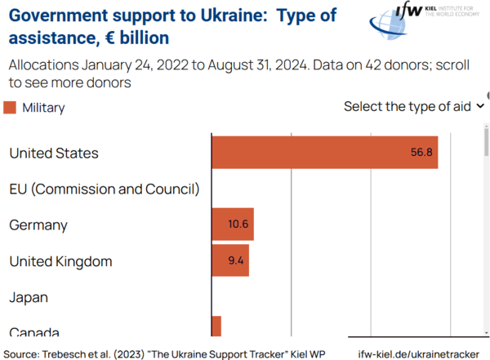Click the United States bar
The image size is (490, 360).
[324, 153]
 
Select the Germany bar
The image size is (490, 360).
[233, 224]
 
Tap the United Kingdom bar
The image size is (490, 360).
[229, 261]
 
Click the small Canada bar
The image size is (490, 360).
[216, 326]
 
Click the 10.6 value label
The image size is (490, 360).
[238, 224]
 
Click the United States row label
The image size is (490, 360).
[54, 153]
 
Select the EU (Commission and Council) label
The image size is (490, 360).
[104, 189]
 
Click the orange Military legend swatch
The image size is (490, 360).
[10, 107]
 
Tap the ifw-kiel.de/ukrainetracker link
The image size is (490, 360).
[417, 353]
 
